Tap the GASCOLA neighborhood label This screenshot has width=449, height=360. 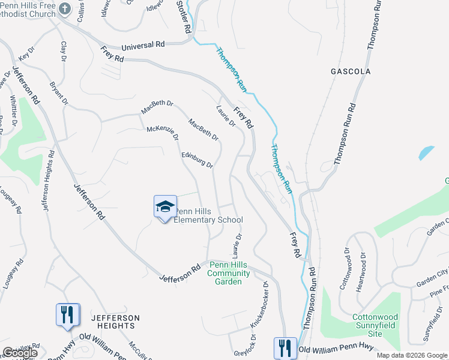(x=351, y=71)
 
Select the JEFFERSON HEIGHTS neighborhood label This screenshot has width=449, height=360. (x=115, y=322)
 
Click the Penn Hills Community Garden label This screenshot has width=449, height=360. (x=224, y=273)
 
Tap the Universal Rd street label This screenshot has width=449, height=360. (x=143, y=45)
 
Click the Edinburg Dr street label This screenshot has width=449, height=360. (x=197, y=160)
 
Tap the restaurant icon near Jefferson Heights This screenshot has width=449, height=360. (x=68, y=314)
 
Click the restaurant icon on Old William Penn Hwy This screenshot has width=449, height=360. (x=285, y=347)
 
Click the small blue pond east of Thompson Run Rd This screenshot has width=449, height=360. (x=426, y=152)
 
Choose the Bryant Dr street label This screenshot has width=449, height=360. (x=59, y=94)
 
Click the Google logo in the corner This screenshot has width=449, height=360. (x=19, y=353)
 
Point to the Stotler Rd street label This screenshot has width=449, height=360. (x=184, y=16)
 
